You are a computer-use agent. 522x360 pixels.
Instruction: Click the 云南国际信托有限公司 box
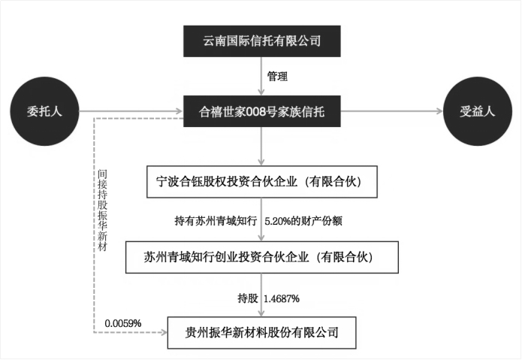tap(261, 41)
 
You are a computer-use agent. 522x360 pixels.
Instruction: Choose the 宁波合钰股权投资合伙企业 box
tap(261, 181)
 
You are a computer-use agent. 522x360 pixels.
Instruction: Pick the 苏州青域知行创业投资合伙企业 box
tap(261, 256)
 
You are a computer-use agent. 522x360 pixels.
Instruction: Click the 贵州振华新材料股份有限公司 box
tap(261, 331)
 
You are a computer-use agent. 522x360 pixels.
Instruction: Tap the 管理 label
tap(277, 77)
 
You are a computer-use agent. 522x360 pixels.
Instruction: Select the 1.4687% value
tap(282, 298)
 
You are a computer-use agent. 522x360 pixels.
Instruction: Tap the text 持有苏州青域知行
tap(216, 221)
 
